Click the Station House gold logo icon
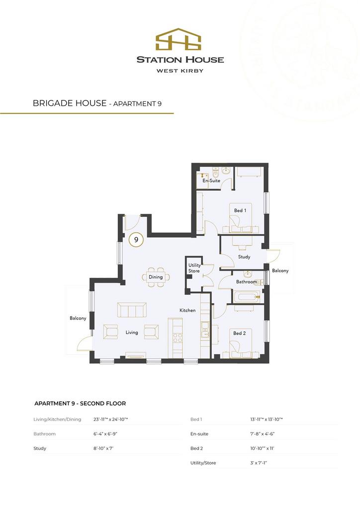coord(178,39)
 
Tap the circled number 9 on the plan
coord(136,240)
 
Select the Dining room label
coord(156,277)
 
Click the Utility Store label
coord(194,268)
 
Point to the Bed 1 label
coord(240,210)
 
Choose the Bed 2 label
coord(240,333)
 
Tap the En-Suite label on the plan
coord(211,180)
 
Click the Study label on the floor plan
coord(244,257)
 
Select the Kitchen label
coord(187,310)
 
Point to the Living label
coord(132,333)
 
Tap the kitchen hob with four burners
coord(178,338)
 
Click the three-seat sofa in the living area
coord(132,310)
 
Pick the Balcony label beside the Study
coord(280,270)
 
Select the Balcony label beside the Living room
coord(78,318)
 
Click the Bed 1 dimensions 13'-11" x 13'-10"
coord(266,420)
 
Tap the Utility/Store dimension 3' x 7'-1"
coord(259,463)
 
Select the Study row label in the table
coord(40,449)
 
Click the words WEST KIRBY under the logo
coord(180,71)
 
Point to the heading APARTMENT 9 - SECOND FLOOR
coord(80,404)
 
